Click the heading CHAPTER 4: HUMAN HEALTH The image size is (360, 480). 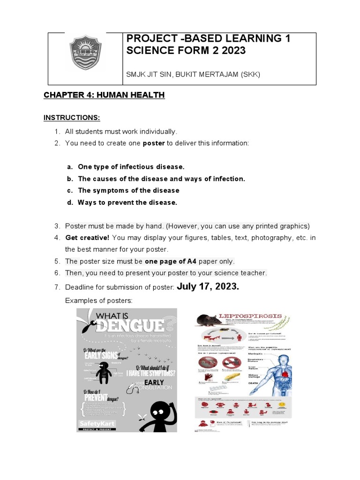(104, 95)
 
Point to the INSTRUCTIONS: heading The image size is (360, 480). (72, 117)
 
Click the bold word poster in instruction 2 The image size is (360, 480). (154, 143)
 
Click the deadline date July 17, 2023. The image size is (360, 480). (208, 286)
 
